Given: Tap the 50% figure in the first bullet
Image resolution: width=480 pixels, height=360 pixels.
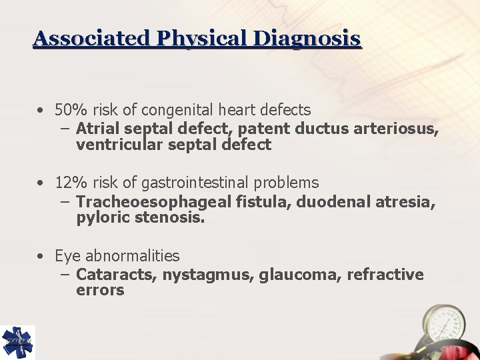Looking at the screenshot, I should [67, 109].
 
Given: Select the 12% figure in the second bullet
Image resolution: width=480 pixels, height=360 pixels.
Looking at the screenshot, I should [67, 183].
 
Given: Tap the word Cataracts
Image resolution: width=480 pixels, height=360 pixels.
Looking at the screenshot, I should [115, 275].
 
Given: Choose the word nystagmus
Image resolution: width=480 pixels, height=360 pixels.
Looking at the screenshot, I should [206, 275].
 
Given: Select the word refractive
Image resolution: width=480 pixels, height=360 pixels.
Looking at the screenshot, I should [385, 275].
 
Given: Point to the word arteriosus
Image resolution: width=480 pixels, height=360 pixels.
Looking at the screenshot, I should [401, 128].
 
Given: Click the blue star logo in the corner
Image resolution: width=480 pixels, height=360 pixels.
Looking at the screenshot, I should [17, 342].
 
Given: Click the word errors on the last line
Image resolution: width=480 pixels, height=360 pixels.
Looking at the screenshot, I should [100, 290].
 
